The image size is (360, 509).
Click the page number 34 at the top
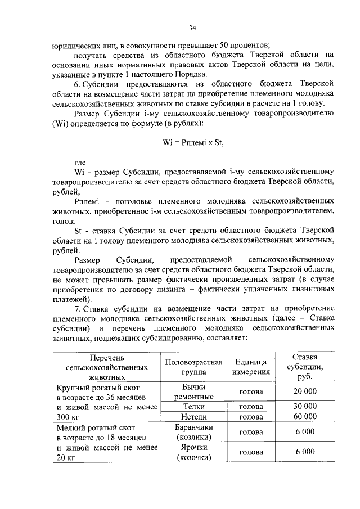click(192, 26)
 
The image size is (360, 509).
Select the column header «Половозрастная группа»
click(193, 367)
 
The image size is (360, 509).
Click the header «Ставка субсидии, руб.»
click(305, 367)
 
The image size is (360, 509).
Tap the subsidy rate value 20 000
click(305, 392)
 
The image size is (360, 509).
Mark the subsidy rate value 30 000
click(305, 406)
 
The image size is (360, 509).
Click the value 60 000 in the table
click(305, 417)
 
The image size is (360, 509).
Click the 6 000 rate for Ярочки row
click(305, 452)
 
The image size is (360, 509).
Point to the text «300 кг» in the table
click(69, 417)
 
